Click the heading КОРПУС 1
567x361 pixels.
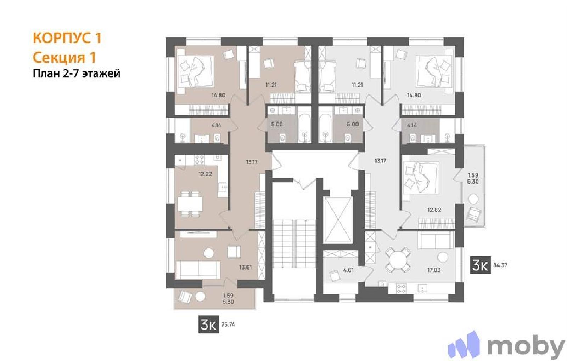[x=67, y=38]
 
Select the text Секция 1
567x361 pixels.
[x=64, y=58]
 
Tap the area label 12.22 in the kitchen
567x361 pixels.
[x=205, y=174]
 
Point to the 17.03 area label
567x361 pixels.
[x=434, y=270]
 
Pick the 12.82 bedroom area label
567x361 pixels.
[x=434, y=210]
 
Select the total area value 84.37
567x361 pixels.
[x=500, y=265]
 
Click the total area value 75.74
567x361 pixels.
[x=228, y=325]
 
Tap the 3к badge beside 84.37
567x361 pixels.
[x=481, y=265]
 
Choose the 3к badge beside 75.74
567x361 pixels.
[x=209, y=325]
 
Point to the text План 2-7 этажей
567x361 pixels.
[x=77, y=74]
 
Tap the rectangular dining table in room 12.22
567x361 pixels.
[x=190, y=204]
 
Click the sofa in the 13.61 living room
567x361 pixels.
[x=198, y=270]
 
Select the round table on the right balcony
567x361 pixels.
[x=473, y=199]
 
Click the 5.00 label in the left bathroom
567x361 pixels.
[x=277, y=124]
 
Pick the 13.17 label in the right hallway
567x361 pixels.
[x=380, y=161]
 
